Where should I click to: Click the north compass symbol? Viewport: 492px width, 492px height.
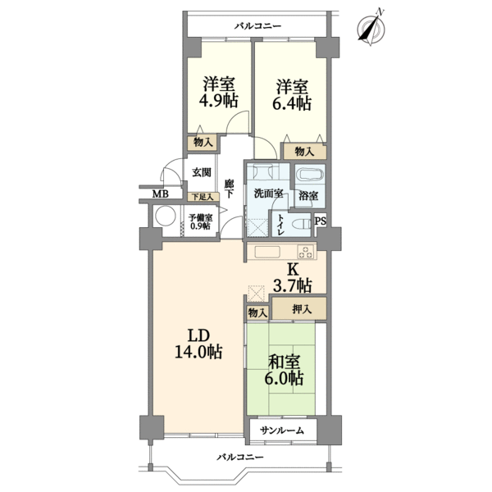coord(371,28)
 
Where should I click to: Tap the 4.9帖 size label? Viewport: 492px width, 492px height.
coord(218,101)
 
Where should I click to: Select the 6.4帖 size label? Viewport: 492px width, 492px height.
coord(292,103)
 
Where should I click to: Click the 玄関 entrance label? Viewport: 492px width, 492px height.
coord(202,172)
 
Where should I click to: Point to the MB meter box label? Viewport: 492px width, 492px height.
coord(161,194)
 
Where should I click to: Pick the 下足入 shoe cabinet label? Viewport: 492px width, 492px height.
coord(203,197)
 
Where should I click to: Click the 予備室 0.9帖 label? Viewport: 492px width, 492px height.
coord(200,221)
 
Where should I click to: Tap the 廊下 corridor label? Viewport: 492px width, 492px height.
coord(229,189)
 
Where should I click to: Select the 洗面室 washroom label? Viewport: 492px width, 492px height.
coord(269,194)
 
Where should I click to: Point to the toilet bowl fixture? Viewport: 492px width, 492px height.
coord(302,225)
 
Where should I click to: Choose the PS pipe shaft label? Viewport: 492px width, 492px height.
coord(321,221)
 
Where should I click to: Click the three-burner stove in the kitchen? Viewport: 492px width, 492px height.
coord(306,252)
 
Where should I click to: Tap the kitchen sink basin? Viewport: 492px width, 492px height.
coord(267,252)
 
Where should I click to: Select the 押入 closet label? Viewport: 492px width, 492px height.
coord(302,309)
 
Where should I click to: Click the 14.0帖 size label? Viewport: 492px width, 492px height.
coord(198,352)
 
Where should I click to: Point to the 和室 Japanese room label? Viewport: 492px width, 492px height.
coord(285,362)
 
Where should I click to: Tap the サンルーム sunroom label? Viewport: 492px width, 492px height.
coord(282,430)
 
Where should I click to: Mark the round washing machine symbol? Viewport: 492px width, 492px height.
coord(166,216)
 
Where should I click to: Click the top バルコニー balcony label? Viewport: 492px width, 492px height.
coord(258,26)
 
